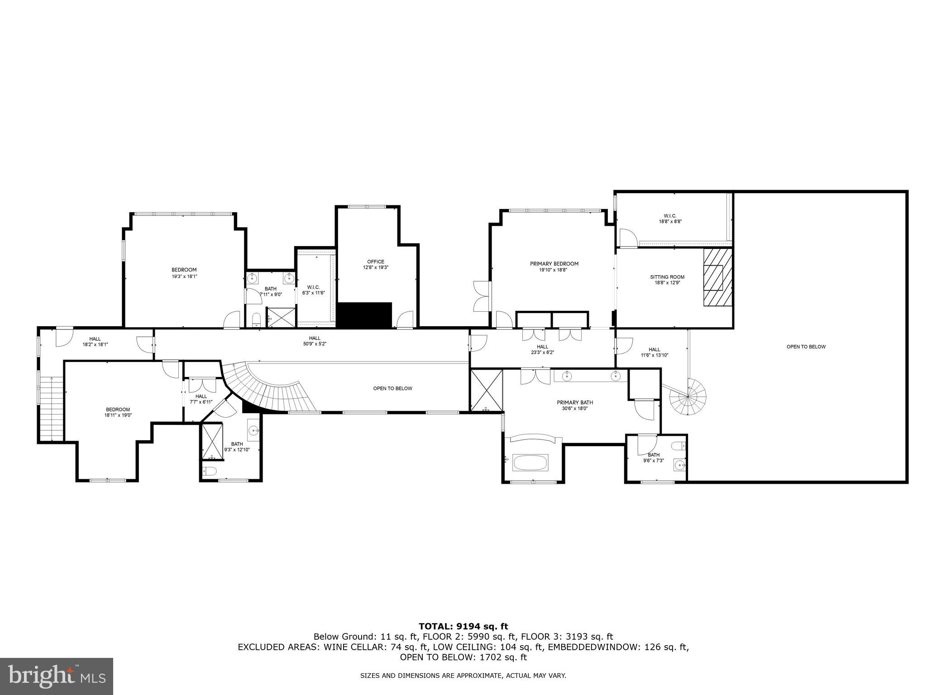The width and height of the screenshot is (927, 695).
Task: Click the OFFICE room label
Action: tap(375, 262)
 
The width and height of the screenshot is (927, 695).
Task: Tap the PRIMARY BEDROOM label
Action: tap(554, 264)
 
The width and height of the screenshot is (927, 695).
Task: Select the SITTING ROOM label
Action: tap(667, 277)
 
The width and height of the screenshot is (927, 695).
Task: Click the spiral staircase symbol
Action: tap(688, 397)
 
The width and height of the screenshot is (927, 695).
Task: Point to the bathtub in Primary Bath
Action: tap(530, 462)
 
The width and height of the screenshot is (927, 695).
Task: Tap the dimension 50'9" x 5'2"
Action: tap(315, 344)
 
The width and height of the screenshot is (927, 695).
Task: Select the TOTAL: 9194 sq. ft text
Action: tap(463, 626)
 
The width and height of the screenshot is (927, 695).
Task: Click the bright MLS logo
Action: tap(57, 676)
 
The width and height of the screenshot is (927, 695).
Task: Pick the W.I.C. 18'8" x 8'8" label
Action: tap(670, 219)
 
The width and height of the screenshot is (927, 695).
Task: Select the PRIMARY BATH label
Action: tap(575, 402)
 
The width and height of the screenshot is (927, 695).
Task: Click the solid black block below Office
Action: tap(364, 315)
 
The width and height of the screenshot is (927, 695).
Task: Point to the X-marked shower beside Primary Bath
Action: tap(487, 390)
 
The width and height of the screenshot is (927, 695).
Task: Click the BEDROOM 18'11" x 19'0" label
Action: tap(118, 412)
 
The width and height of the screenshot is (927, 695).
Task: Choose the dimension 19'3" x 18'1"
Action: tap(184, 276)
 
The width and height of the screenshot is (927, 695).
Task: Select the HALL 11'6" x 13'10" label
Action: tap(655, 352)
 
